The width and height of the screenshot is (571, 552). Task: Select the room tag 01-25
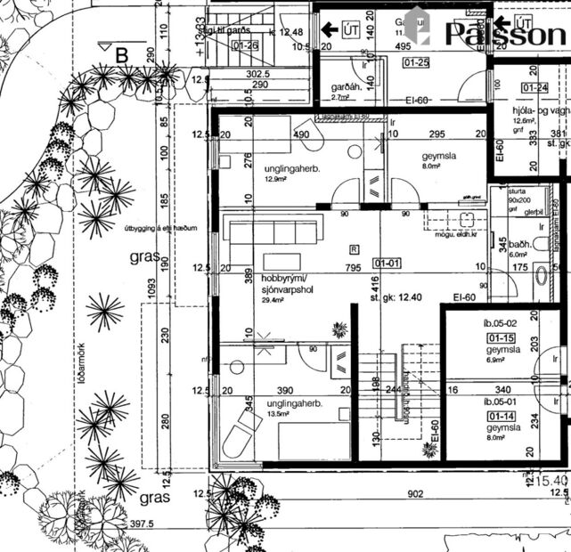416,63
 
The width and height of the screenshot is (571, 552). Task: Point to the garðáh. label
346,87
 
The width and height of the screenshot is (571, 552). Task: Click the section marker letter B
121,53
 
